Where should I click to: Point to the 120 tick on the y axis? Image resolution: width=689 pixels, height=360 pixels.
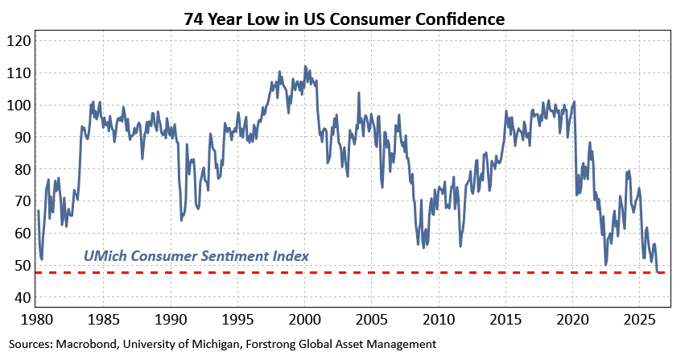tap(19, 41)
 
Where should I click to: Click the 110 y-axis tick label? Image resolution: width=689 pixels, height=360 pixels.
tap(19, 73)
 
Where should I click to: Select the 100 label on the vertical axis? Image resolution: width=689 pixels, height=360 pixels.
tap(19, 106)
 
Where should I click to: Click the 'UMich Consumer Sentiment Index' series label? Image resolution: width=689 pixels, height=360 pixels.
tap(196, 256)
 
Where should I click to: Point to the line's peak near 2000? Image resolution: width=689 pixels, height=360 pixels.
tap(305, 67)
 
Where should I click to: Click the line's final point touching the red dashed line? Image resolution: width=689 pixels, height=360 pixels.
tap(658, 272)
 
